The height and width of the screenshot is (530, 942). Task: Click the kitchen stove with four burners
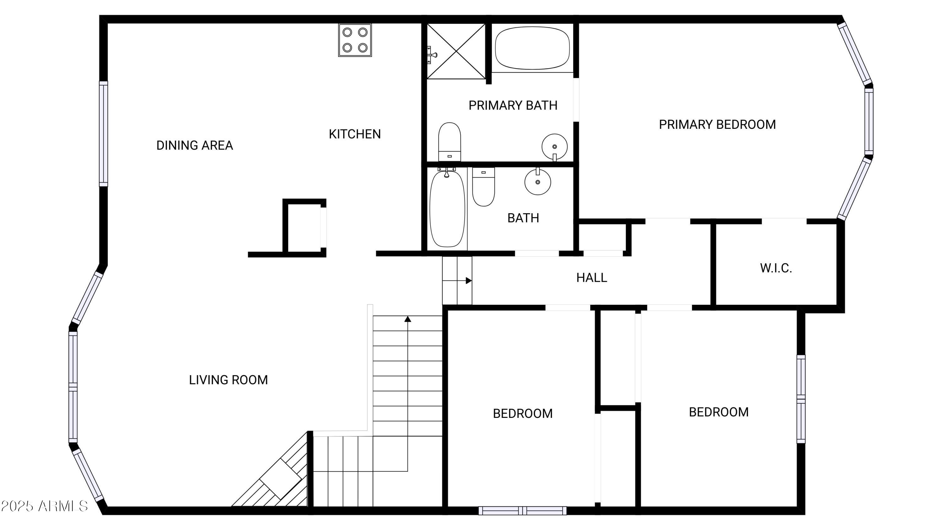[355, 40]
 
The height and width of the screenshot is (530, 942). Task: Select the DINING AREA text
[195, 145]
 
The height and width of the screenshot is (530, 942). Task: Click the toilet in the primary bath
[449, 141]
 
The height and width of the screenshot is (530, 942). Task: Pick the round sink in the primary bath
[555, 147]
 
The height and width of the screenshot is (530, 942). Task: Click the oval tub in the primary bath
[532, 48]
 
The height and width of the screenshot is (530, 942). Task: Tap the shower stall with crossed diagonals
[456, 51]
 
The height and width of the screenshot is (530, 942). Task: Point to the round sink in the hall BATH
[538, 182]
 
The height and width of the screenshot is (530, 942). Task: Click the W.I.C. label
[776, 268]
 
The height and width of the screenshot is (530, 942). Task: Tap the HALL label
[591, 278]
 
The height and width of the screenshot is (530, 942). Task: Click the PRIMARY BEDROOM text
[717, 125]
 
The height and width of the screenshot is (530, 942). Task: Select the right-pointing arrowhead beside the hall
[468, 281]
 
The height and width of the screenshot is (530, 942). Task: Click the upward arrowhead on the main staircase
[408, 319]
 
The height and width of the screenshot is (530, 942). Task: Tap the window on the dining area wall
[104, 134]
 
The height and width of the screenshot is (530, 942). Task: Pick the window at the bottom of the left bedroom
[522, 511]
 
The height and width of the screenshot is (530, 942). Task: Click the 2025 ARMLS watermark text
[44, 506]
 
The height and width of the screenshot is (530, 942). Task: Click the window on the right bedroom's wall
[801, 399]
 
